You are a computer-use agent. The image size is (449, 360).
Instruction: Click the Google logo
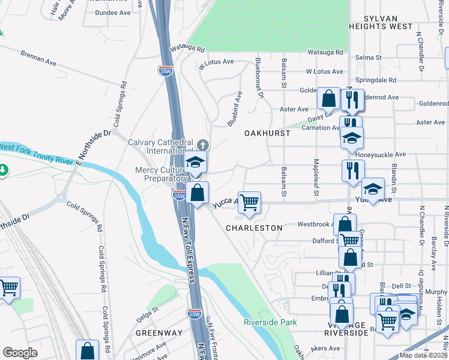(20, 353)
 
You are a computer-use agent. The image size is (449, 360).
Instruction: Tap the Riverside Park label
(270, 322)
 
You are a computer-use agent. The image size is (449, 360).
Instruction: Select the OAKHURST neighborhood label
(267, 133)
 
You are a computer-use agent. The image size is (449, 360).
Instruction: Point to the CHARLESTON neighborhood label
(254, 228)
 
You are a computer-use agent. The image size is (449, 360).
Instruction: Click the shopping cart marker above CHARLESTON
(249, 202)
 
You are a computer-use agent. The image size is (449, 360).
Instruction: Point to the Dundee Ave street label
(113, 12)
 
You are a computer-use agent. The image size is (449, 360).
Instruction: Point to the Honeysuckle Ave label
(380, 154)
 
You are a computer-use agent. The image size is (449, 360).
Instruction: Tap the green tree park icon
(4, 170)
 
